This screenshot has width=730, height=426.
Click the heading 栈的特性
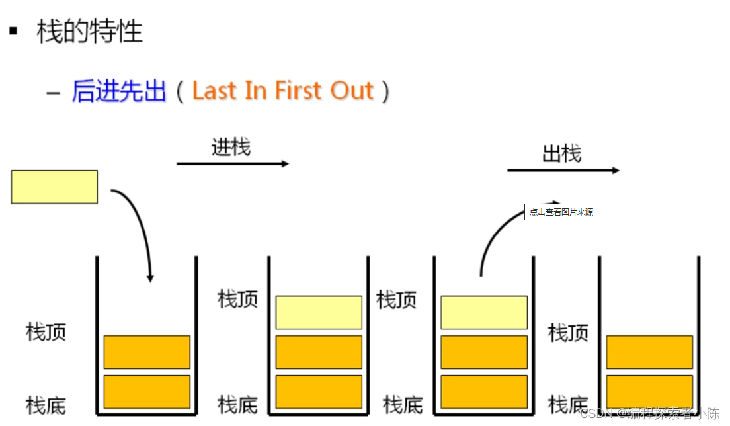[x=89, y=31]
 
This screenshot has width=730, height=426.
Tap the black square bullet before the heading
[x=13, y=30]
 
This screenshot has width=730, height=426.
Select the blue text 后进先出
[x=119, y=91]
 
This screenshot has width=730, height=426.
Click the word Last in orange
[x=214, y=91]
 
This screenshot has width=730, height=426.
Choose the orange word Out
[x=352, y=91]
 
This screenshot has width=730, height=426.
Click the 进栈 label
[x=231, y=146]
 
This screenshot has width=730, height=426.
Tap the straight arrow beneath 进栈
[x=233, y=163]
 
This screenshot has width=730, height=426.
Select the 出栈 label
[x=561, y=153]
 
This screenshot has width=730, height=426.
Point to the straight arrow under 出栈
[x=563, y=171]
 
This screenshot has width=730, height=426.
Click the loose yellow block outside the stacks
[x=54, y=187]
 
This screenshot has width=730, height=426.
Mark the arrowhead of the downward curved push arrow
[x=150, y=278]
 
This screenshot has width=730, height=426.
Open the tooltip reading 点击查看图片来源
[x=561, y=212]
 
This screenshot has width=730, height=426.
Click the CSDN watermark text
[x=649, y=414]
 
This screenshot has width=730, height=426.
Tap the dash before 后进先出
[x=54, y=92]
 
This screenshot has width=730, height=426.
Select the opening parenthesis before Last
[x=180, y=91]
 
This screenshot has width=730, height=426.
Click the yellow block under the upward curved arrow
[x=483, y=312]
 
